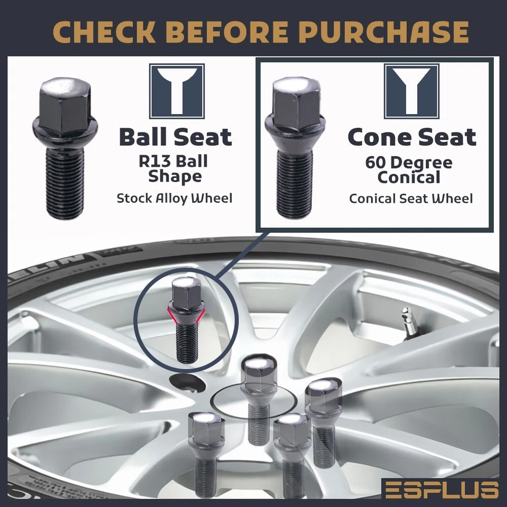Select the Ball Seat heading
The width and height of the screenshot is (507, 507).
pyautogui.click(x=175, y=137)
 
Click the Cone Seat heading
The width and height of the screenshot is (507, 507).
pyautogui.click(x=411, y=137)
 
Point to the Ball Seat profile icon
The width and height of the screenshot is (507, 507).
pyautogui.click(x=176, y=91)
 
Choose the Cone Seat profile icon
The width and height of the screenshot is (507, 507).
pyautogui.click(x=411, y=91)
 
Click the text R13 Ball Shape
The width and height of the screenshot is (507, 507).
pyautogui.click(x=173, y=168)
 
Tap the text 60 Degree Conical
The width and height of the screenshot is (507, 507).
pyautogui.click(x=408, y=170)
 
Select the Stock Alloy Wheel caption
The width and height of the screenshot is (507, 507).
pyautogui.click(x=174, y=199)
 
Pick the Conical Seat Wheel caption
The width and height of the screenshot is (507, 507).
pyautogui.click(x=411, y=199)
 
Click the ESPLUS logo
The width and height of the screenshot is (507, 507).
pyautogui.click(x=440, y=489)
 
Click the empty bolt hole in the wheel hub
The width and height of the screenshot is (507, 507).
pyautogui.click(x=184, y=381)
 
